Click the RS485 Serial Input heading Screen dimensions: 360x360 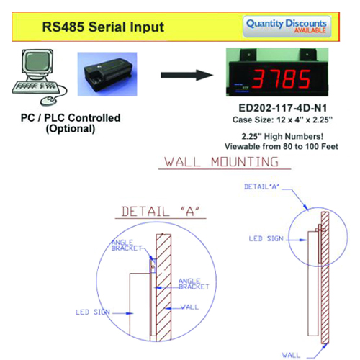pyautogui.click(x=103, y=27)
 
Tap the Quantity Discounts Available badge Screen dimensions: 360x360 pyautogui.click(x=287, y=27)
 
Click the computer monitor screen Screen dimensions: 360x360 pyautogui.click(x=37, y=61)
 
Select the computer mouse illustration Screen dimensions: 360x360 pyautogui.click(x=50, y=100)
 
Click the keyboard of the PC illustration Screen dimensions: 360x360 pyautogui.click(x=36, y=87)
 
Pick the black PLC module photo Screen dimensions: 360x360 pyautogui.click(x=107, y=74)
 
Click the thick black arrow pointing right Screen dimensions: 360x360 pyautogui.click(x=186, y=75)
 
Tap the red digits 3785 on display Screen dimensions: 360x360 pyautogui.click(x=281, y=78)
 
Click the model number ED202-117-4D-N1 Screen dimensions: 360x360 pyautogui.click(x=283, y=108)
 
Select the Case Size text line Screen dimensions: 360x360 pyautogui.click(x=282, y=120)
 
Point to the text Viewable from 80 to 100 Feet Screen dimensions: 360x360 pyautogui.click(x=282, y=146)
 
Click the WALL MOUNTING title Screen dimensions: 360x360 pyautogui.click(x=222, y=162)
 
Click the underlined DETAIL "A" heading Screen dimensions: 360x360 pyautogui.click(x=161, y=212)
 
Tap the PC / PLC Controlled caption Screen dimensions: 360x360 pyautogui.click(x=71, y=118)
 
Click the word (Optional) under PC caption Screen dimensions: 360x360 pyautogui.click(x=71, y=129)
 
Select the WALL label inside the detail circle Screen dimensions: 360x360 pyautogui.click(x=189, y=307)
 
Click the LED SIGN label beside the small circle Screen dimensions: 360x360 pyautogui.click(x=266, y=239)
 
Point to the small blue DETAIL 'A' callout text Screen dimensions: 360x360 pyautogui.click(x=261, y=186)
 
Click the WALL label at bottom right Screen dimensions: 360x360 pyautogui.click(x=291, y=355)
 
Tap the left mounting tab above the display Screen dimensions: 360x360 pyautogui.click(x=248, y=55)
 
